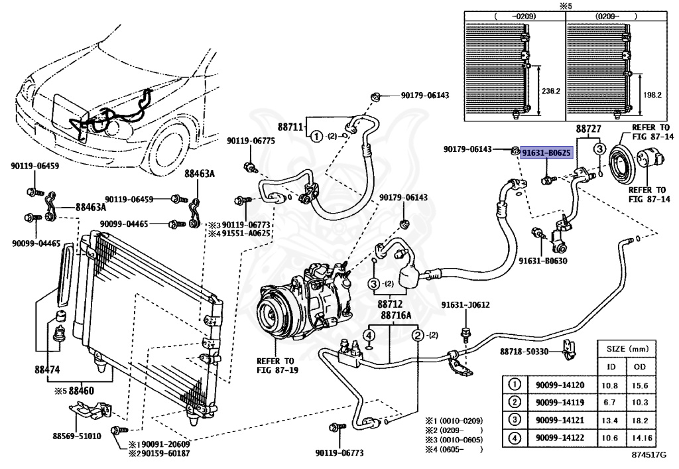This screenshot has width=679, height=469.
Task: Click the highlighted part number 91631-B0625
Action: [546, 153]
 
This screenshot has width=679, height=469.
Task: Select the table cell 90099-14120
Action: [558, 385]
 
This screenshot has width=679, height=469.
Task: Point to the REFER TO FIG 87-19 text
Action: [275, 366]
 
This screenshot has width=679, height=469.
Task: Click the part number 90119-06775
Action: [251, 141]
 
